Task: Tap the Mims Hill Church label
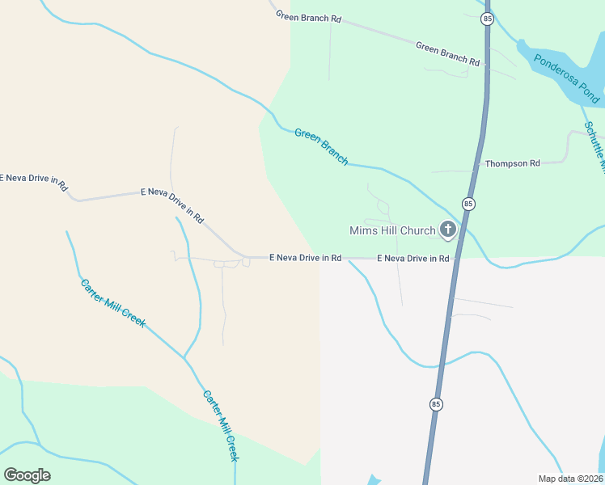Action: (392, 231)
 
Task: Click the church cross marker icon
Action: (447, 230)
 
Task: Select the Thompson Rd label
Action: (512, 163)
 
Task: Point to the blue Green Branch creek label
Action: (321, 146)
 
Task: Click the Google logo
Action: (27, 474)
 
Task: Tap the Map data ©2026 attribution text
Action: (570, 479)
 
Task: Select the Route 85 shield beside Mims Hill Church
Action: (468, 203)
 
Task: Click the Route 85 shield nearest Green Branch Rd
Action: (485, 18)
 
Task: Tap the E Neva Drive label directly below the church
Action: (413, 259)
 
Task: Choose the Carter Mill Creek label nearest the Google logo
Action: (221, 426)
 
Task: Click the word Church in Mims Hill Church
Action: (417, 231)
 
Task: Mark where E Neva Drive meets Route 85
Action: (455, 259)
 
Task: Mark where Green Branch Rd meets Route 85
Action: (484, 64)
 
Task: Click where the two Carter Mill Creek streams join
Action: (184, 356)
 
